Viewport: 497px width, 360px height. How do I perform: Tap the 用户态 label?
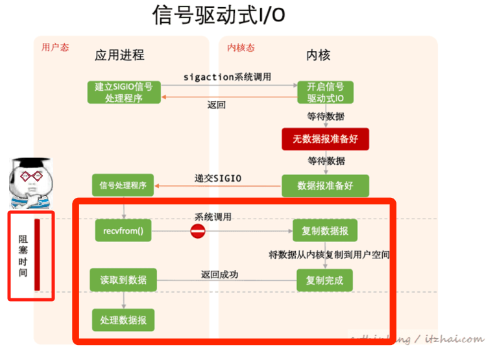(x=55, y=47)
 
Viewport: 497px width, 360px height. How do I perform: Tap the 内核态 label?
(x=240, y=47)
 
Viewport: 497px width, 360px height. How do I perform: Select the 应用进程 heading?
(x=119, y=55)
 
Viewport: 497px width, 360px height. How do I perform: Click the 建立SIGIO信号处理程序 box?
(x=123, y=92)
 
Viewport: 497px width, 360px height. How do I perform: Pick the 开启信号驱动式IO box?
(x=325, y=92)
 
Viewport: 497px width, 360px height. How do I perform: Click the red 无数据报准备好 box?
(x=325, y=139)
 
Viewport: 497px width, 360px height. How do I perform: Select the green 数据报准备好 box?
(x=325, y=186)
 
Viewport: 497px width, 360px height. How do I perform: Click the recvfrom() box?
(x=123, y=231)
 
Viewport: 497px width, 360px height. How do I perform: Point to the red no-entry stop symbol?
(x=198, y=231)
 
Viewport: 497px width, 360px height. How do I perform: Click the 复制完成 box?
(x=324, y=280)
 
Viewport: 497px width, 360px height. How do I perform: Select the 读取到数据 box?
(x=123, y=280)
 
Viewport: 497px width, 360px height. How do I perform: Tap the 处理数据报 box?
(x=123, y=320)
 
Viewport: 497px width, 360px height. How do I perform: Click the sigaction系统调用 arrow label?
(x=227, y=77)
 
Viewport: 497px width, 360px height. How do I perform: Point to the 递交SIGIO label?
(x=218, y=177)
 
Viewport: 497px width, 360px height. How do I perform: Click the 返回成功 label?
(x=219, y=274)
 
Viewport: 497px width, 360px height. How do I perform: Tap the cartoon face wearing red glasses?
(x=30, y=180)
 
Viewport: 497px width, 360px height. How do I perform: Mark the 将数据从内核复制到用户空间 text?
(x=330, y=255)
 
